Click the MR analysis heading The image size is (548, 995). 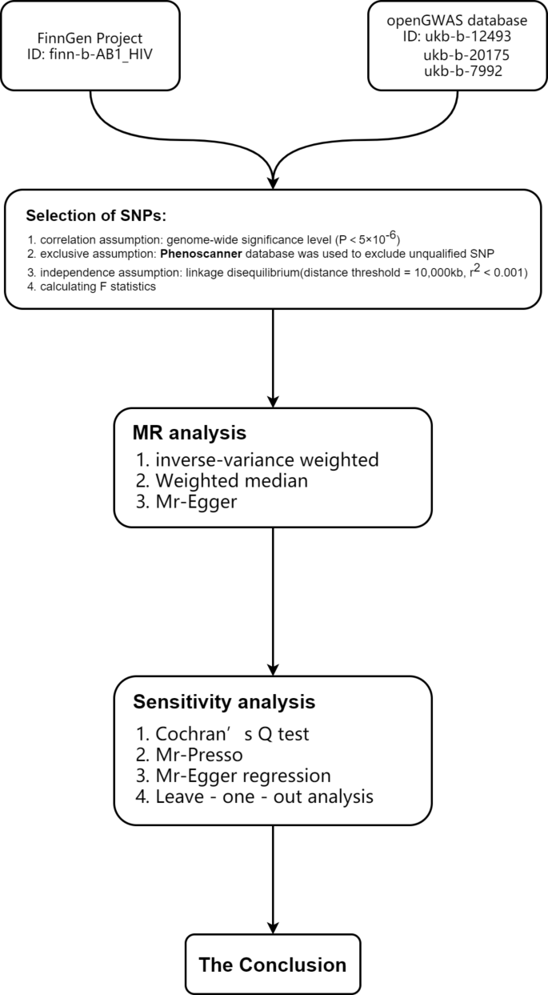[x=189, y=433]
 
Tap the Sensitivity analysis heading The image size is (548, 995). [x=224, y=702]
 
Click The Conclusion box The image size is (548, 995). [x=273, y=964]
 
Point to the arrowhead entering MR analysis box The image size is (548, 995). [x=274, y=400]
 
